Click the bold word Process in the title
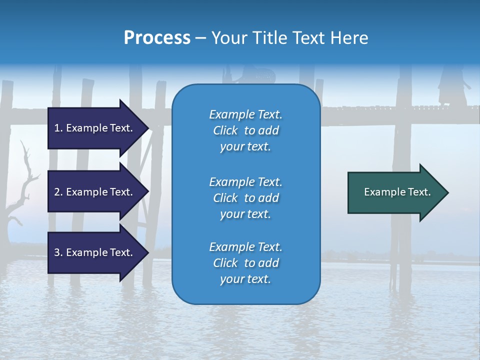click(157, 38)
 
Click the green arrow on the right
click(395, 192)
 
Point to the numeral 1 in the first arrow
click(57, 128)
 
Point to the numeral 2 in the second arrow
click(57, 192)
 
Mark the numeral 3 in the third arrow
click(57, 252)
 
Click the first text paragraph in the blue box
click(245, 130)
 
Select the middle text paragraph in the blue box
click(245, 198)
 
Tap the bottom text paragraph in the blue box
click(245, 263)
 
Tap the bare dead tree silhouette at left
click(22, 185)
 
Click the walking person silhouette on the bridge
click(450, 87)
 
